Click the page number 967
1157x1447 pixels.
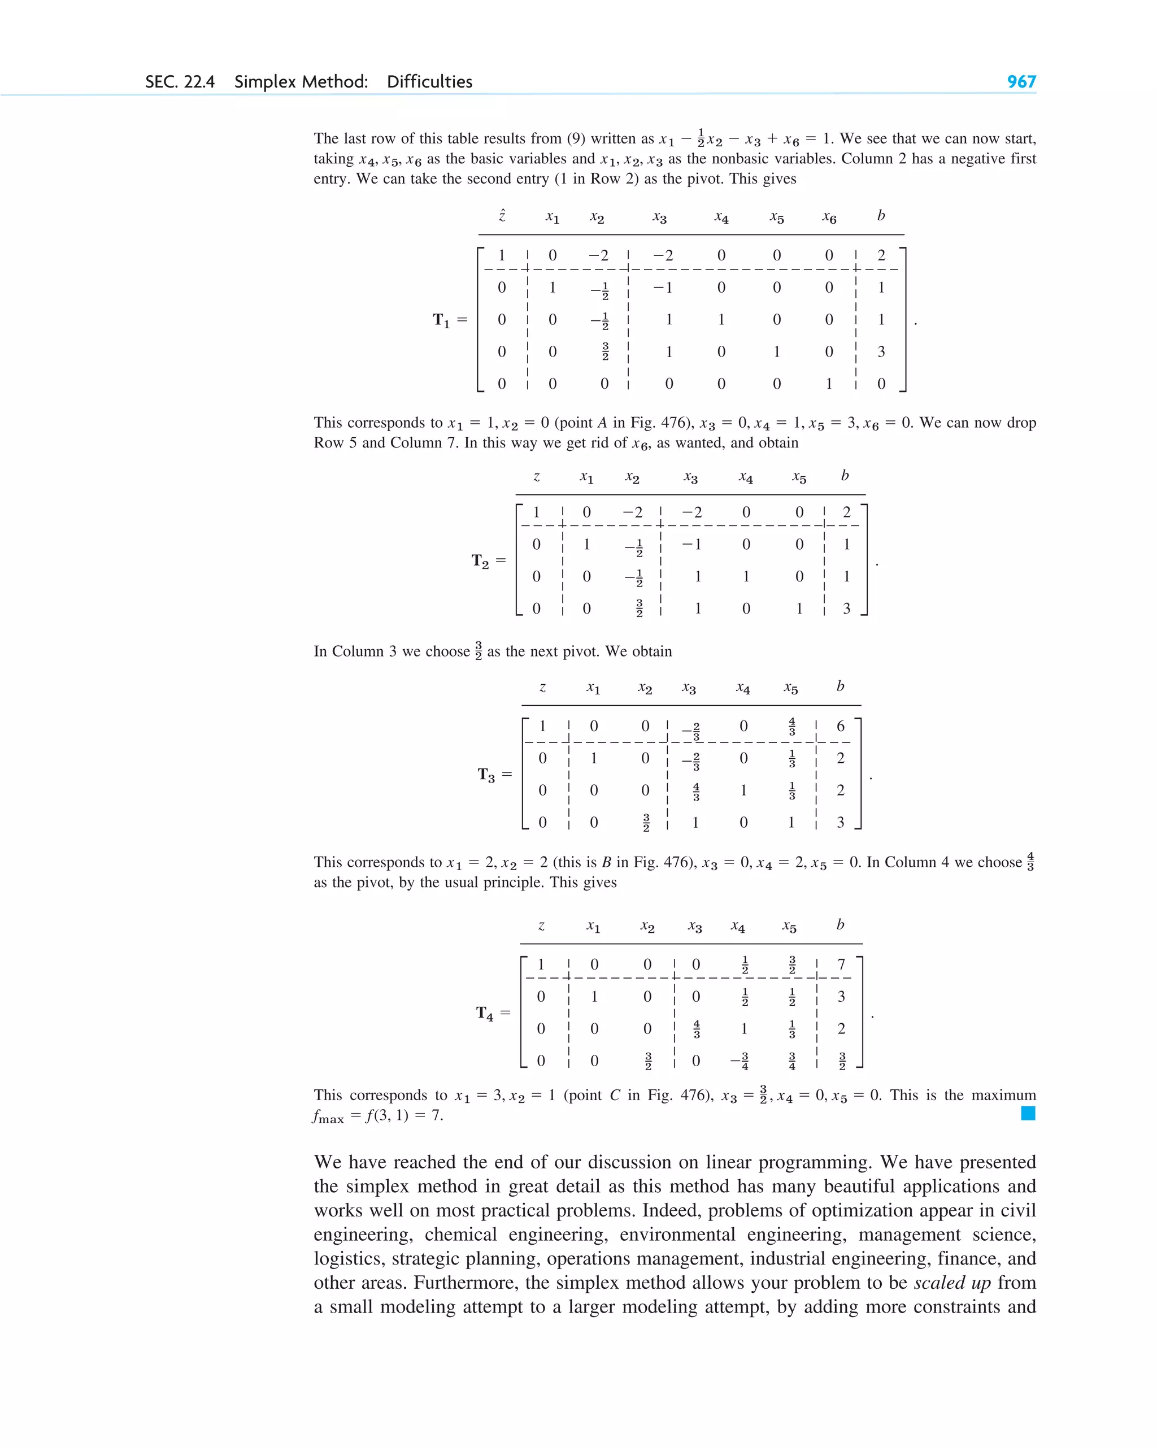(1021, 82)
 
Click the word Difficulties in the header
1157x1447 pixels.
(429, 82)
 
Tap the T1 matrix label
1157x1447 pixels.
(442, 320)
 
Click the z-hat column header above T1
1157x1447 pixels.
(501, 215)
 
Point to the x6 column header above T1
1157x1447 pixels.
(829, 218)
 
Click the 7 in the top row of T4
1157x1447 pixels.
(841, 964)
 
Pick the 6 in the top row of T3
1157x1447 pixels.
(840, 726)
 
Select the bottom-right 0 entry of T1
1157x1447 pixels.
(881, 384)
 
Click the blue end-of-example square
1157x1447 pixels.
(1028, 1114)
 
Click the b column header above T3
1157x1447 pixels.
(840, 686)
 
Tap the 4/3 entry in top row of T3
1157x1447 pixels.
(792, 726)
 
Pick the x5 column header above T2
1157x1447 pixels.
(799, 477)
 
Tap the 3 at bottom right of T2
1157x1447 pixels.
(846, 609)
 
